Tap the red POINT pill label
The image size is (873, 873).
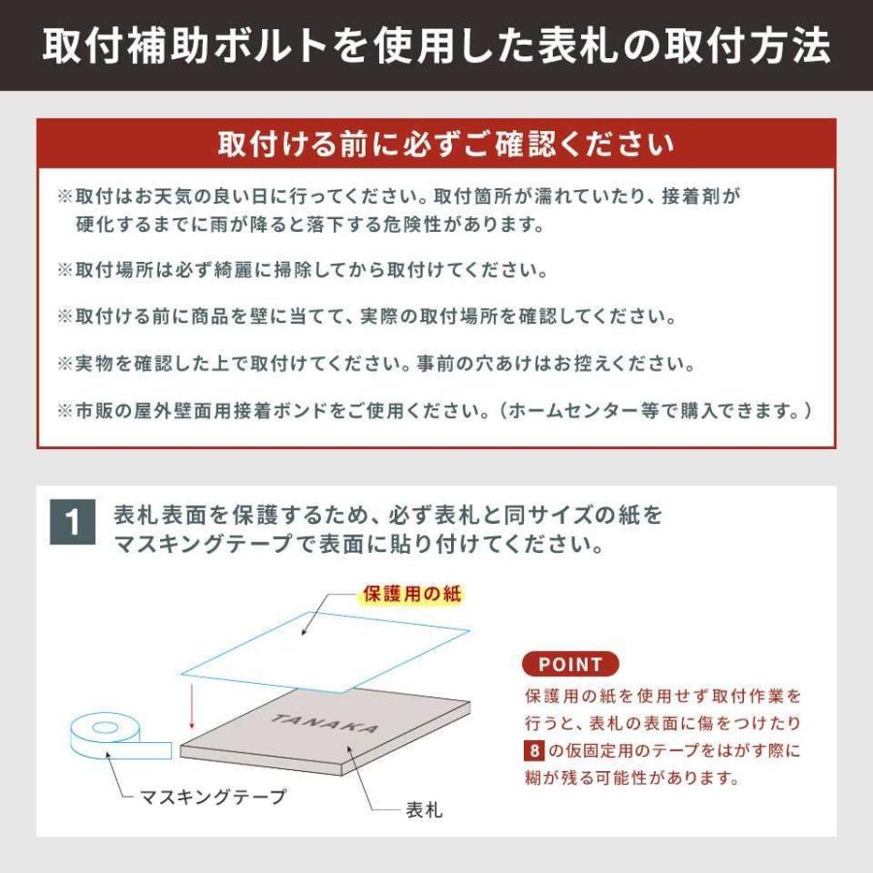pos(570,664)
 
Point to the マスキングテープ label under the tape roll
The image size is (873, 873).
pos(213,797)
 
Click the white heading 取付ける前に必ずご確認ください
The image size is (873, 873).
pos(436,145)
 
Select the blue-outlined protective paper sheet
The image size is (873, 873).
pos(325,645)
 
